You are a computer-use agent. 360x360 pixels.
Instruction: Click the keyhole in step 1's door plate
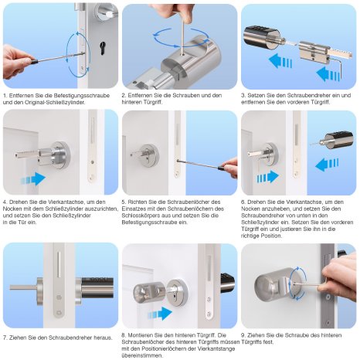pyautogui.click(x=103, y=48)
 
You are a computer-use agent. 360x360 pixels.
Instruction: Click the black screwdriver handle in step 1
pyautogui.click(x=33, y=62)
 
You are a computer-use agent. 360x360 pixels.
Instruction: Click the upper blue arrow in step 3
pyautogui.click(x=280, y=61)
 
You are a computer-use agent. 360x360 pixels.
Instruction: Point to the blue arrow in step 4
pyautogui.click(x=33, y=178)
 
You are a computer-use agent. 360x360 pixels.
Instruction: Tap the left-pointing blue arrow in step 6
pyautogui.click(x=327, y=165)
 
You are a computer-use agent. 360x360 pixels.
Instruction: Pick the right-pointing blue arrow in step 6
pyautogui.click(x=268, y=177)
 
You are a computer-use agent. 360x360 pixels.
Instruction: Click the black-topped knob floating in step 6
pyautogui.click(x=338, y=141)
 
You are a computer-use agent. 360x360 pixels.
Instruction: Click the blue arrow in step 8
pyautogui.click(x=160, y=314)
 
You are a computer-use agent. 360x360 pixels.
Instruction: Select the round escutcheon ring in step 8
pyautogui.click(x=177, y=293)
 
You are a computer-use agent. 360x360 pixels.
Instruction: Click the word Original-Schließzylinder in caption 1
pyautogui.click(x=55, y=102)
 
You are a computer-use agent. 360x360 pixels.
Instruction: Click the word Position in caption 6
pyautogui.click(x=271, y=236)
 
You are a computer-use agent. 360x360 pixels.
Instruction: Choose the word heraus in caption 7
pyautogui.click(x=104, y=338)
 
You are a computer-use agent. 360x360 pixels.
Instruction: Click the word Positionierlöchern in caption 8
pyautogui.click(x=169, y=349)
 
